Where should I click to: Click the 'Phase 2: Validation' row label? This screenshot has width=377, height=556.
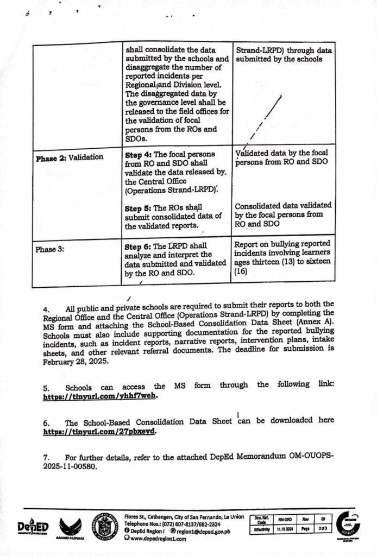click(69, 157)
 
